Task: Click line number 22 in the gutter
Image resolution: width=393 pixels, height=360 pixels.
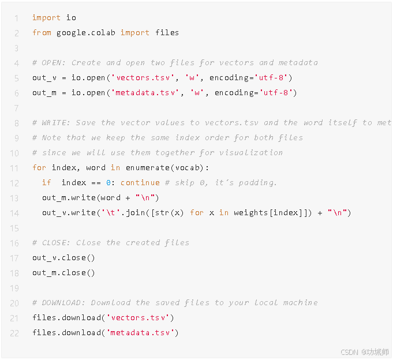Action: point(14,332)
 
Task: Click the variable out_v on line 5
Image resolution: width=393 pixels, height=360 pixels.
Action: point(42,78)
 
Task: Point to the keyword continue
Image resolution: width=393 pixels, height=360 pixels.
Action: point(140,183)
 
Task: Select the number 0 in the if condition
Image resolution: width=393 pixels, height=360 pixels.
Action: point(108,183)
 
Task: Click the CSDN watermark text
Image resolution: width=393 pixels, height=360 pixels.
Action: point(364,351)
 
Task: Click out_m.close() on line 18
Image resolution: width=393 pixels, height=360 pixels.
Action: point(63,273)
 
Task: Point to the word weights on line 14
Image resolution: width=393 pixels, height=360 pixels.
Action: point(251,213)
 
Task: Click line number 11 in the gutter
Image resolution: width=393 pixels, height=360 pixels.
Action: point(14,168)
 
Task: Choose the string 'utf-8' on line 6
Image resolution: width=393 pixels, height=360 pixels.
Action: point(278,93)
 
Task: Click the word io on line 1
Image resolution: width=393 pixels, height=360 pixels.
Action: point(71,18)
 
